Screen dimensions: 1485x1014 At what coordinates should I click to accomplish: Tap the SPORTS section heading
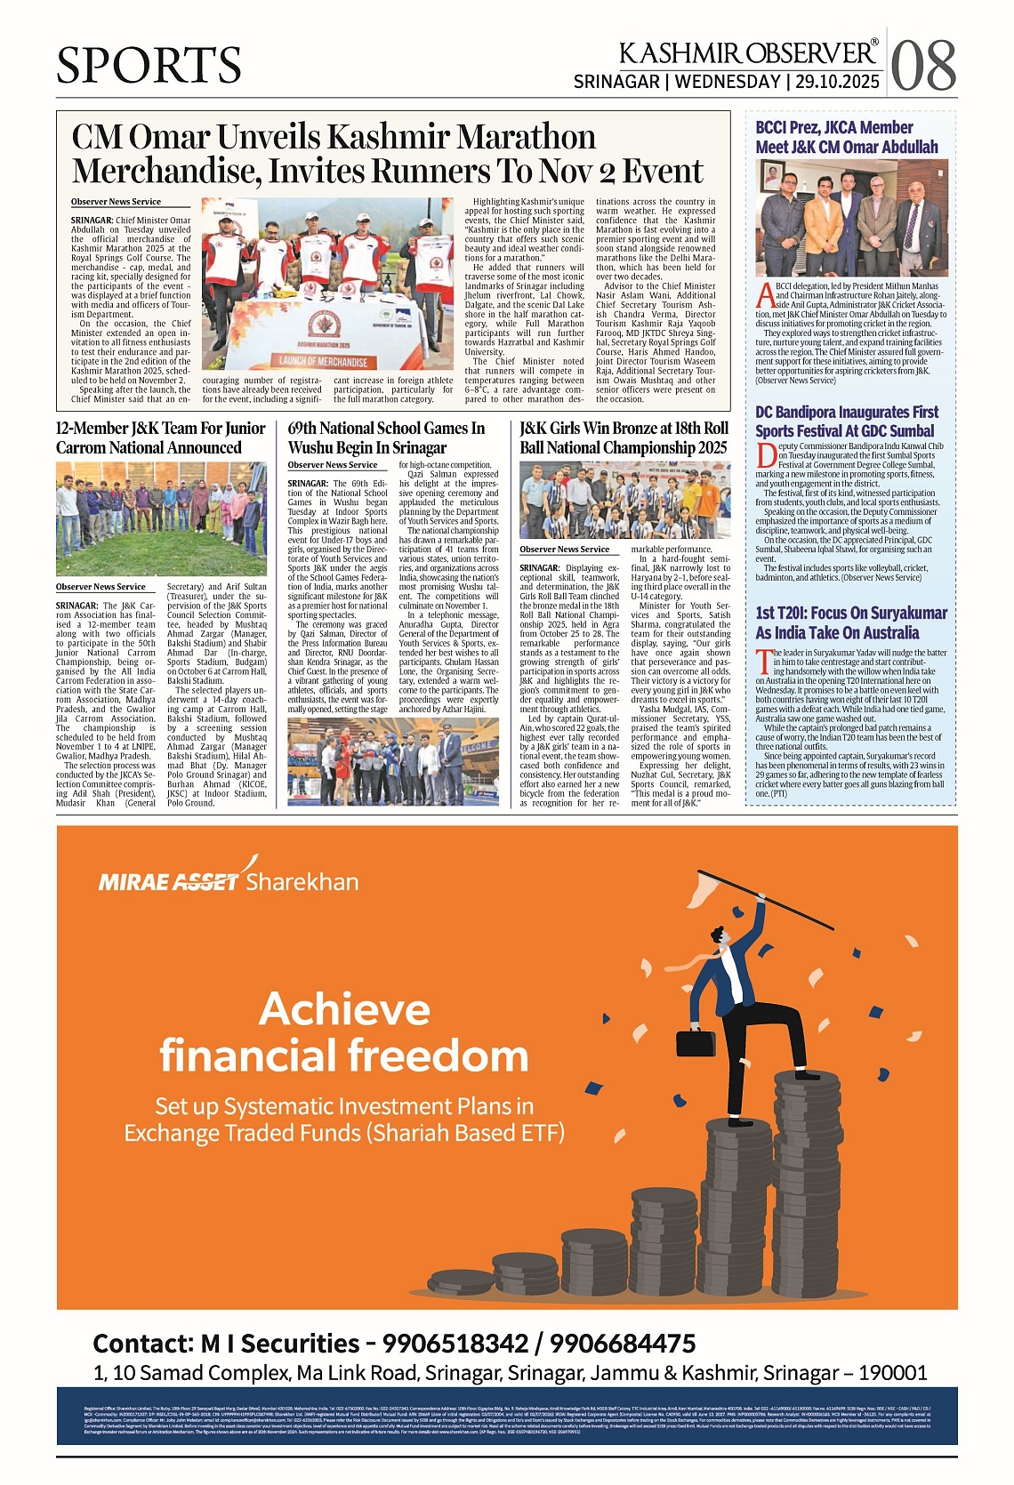pos(149,65)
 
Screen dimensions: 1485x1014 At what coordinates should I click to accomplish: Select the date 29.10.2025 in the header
pos(837,82)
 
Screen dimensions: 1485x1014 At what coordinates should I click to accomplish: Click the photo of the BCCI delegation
pos(851,218)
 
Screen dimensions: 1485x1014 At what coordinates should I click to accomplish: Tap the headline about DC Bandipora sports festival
pos(846,421)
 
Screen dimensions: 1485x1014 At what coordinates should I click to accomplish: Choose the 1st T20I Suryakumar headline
pos(851,622)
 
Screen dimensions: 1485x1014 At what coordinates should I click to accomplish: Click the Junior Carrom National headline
pos(161,437)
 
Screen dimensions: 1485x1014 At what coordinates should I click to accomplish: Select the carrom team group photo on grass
pos(161,518)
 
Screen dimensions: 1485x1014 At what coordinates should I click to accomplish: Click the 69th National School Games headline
pos(386,437)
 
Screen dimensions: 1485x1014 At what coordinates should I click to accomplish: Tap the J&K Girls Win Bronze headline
pos(624,437)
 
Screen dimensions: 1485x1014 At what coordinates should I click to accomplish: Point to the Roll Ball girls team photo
pos(624,500)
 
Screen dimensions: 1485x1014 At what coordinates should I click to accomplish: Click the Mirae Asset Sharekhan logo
pos(229,880)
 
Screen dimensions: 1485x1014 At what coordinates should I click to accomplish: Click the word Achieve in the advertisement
pos(345,1010)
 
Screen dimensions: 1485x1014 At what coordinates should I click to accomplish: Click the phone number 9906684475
pos(623,1343)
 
